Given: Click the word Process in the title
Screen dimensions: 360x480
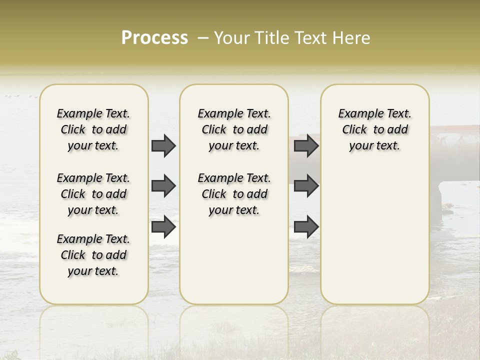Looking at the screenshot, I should [154, 38].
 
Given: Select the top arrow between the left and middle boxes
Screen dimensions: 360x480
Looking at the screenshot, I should [163, 145].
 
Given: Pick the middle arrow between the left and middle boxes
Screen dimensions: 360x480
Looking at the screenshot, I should [163, 186].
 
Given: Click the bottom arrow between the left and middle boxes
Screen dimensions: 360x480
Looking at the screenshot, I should [163, 226].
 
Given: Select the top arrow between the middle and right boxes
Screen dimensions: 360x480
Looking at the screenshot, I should [306, 145].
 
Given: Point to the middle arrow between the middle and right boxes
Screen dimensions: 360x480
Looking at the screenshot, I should [306, 186].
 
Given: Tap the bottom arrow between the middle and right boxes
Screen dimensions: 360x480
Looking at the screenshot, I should [306, 226].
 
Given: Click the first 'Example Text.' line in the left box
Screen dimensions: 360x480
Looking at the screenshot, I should [93, 113].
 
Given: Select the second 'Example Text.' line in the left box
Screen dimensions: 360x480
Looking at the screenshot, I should [93, 178].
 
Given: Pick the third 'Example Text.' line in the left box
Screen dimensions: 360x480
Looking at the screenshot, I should [93, 239].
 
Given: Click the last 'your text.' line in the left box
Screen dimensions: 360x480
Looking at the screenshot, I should [93, 271].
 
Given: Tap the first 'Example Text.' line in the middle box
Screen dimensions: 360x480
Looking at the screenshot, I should [234, 113].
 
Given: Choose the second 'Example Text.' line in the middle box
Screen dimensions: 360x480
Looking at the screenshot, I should [234, 178].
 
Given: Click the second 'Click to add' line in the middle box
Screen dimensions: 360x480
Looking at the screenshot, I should [234, 194].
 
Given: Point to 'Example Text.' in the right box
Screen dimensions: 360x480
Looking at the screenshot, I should [375, 113].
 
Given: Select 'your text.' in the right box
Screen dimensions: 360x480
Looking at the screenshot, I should [375, 145].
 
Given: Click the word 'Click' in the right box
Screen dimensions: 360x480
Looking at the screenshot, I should [354, 129].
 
